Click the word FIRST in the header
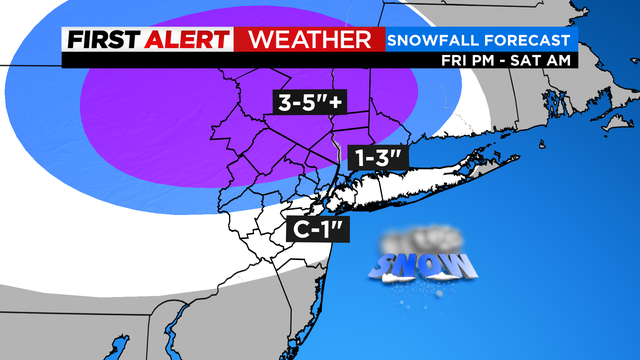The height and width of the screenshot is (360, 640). [102, 40]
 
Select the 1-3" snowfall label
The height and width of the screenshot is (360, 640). [377, 157]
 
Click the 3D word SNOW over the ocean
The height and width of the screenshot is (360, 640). [423, 265]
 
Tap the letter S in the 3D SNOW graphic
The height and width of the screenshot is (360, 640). [383, 266]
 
